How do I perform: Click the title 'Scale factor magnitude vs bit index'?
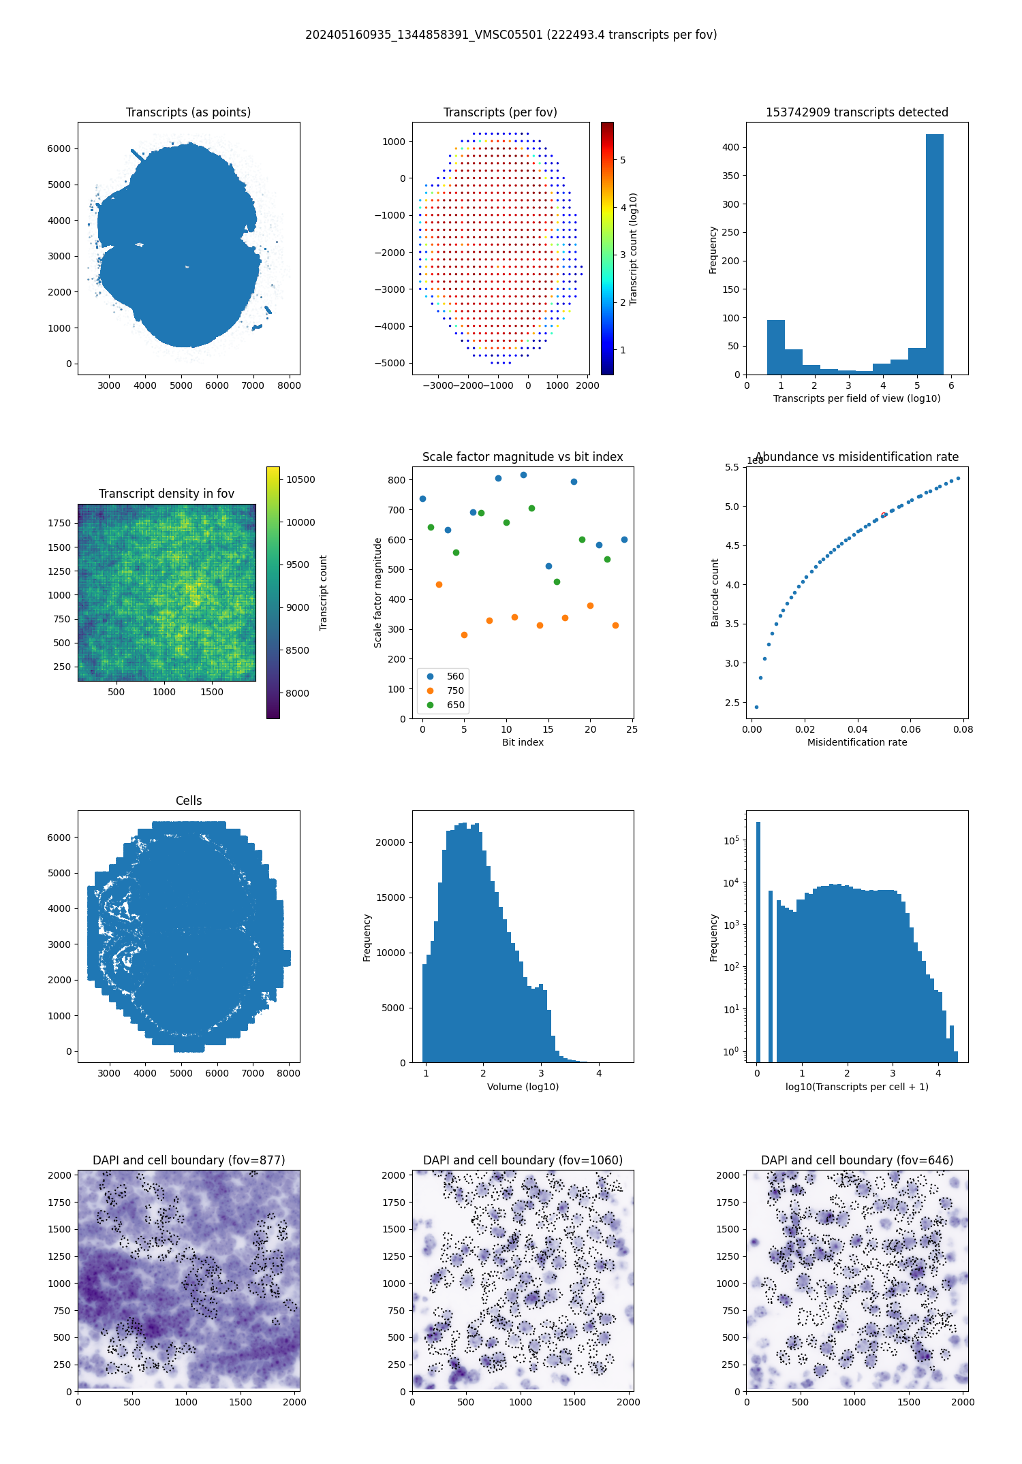point(523,457)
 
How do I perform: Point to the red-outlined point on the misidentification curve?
point(884,515)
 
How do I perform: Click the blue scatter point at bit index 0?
point(422,498)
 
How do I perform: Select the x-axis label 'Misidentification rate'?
point(857,742)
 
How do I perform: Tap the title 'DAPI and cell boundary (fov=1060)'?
point(523,1160)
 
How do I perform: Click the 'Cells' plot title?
point(189,801)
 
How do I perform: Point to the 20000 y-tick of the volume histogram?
point(391,842)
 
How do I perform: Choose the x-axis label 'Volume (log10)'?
point(523,1087)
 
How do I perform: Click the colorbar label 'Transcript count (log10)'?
point(633,249)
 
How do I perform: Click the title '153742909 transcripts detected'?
point(857,112)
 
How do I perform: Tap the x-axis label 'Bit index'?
point(523,742)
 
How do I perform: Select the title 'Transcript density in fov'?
point(166,494)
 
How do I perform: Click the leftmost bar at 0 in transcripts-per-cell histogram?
point(758,940)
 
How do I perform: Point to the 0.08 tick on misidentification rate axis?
point(963,729)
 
